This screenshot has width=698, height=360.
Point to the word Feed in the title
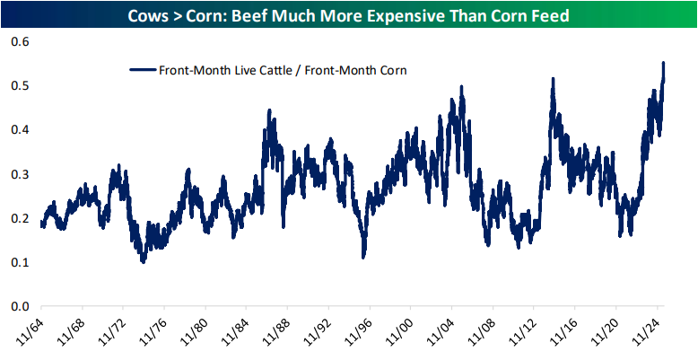coord(549,16)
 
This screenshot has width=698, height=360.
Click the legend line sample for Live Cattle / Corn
coord(143,69)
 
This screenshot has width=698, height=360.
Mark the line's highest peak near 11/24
coord(663,63)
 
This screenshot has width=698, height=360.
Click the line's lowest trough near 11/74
coord(143,261)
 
